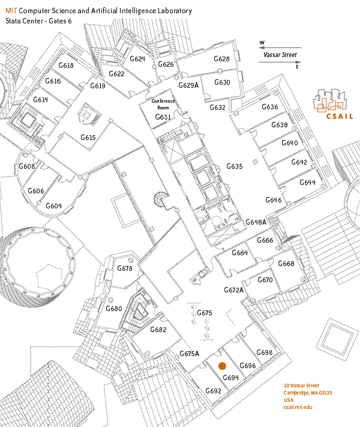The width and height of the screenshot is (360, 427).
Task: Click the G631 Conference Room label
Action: [x=163, y=109]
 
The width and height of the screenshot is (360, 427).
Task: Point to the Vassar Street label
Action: [x=280, y=55]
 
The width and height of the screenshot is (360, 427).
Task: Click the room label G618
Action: [x=65, y=65]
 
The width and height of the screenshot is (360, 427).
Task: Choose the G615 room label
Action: [x=89, y=138]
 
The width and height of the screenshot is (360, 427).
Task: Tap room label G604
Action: [x=54, y=206]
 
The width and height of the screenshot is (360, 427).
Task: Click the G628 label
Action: [x=221, y=59]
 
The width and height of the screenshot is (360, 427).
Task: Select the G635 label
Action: [x=234, y=166]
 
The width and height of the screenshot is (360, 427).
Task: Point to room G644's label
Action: [x=307, y=183]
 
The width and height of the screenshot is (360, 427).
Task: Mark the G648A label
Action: [x=256, y=222]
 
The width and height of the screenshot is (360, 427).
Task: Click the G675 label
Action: [x=205, y=313]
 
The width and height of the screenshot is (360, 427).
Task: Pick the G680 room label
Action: [x=114, y=309]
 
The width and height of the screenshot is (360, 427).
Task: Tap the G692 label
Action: [x=213, y=391]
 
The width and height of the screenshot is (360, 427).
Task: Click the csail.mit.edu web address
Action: [x=298, y=407]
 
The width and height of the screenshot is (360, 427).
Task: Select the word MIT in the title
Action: [x=11, y=11]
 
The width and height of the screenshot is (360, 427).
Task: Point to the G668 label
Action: [x=286, y=264]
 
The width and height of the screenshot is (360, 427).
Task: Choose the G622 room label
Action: [x=116, y=74]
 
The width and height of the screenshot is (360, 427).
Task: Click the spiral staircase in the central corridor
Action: [x=161, y=199]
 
